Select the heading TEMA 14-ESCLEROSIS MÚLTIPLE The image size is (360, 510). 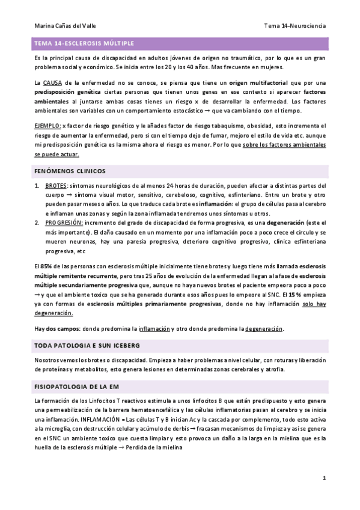pyautogui.click(x=84, y=44)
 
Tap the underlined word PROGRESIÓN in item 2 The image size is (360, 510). pyautogui.click(x=67, y=222)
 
